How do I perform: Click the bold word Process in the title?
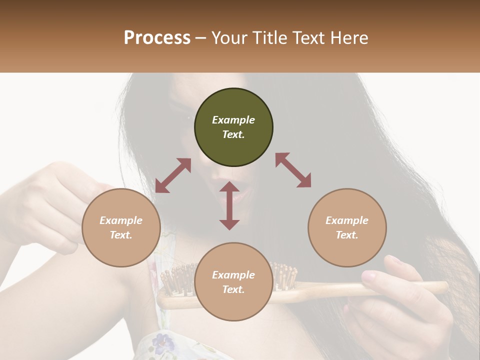tap(157, 38)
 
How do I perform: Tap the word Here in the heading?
tap(349, 38)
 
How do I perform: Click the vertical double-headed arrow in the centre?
tap(229, 205)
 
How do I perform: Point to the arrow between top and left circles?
tap(173, 175)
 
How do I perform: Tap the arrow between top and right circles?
tap(293, 170)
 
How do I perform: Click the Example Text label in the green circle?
tap(233, 127)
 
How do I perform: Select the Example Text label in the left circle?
tap(121, 227)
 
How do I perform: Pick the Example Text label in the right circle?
tap(347, 227)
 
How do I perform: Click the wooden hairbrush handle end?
tap(440, 286)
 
